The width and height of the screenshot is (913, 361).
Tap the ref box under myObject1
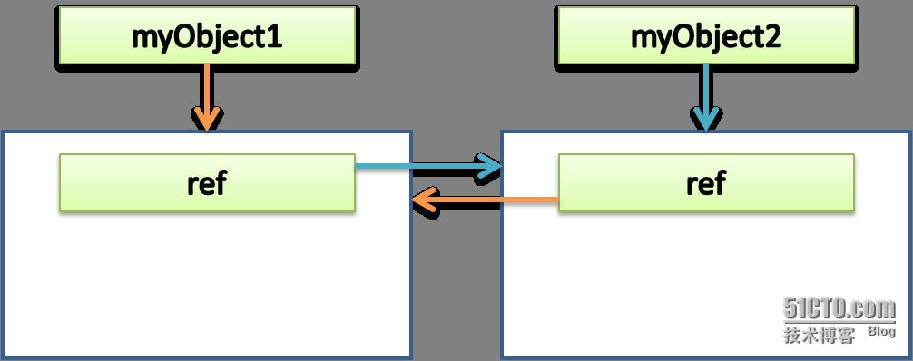pos(207,182)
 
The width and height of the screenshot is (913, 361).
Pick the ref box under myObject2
pos(706,182)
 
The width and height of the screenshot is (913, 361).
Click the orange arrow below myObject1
pos(207,97)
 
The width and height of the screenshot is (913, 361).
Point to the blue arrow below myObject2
pos(706,97)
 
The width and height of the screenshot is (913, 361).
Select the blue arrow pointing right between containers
pos(428,167)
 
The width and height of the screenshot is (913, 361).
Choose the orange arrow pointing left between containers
pos(485,200)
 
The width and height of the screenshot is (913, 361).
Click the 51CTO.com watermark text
pos(839,308)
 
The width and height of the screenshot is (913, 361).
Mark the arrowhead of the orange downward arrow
pos(207,119)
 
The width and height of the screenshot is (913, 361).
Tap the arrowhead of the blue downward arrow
pos(706,119)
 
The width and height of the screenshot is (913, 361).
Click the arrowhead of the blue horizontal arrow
pos(490,167)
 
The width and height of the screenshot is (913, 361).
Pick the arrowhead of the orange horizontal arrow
pos(424,200)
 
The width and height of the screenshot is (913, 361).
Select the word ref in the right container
pos(706,182)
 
